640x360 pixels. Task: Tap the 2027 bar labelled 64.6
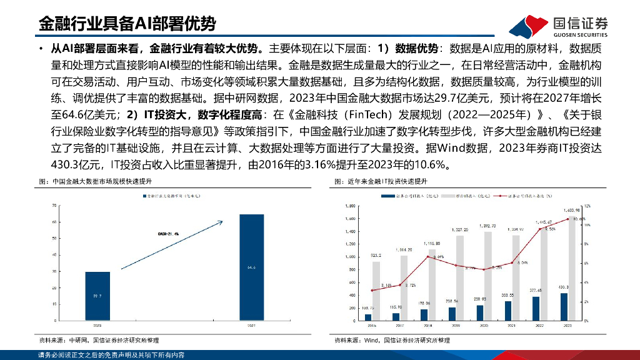tap(251, 267)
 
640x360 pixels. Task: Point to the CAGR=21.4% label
tap(167, 233)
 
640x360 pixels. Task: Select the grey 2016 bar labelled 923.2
tap(376, 291)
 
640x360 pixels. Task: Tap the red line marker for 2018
tap(424, 257)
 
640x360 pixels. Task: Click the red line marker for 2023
tap(567, 219)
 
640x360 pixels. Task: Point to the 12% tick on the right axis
tap(587, 205)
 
